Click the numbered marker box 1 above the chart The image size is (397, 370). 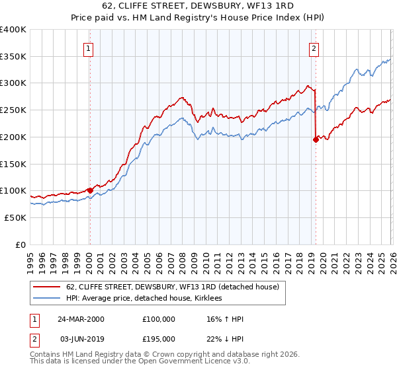click(89, 48)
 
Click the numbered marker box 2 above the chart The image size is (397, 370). click(313, 48)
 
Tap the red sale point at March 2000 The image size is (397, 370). click(90, 190)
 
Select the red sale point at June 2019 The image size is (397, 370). click(315, 139)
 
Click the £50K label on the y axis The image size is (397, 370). click(15, 217)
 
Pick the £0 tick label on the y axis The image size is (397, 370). click(20, 244)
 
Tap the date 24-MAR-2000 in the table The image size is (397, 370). click(80, 319)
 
